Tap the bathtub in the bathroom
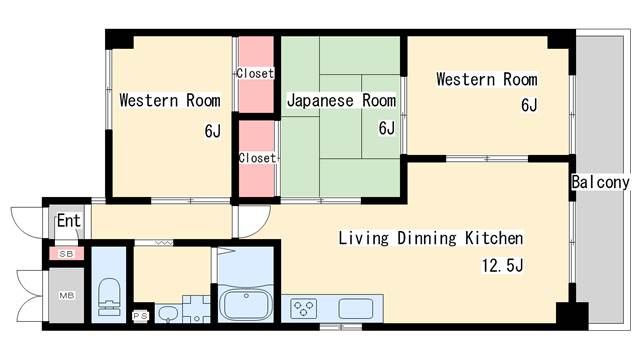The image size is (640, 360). point(246,305)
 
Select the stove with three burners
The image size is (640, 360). point(303,308)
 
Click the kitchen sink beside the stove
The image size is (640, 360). point(356,309)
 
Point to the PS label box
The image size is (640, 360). point(140,316)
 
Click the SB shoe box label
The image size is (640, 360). point(66,254)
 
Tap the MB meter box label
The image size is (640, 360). point(67,295)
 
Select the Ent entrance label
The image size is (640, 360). point(69,221)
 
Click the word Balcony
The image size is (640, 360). point(600,182)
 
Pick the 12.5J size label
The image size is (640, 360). point(502,266)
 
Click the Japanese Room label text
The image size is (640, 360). point(341,101)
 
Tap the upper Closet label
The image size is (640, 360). point(255,73)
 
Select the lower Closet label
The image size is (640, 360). point(257,158)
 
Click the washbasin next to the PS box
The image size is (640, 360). point(167,314)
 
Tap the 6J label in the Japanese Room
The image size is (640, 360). point(387,128)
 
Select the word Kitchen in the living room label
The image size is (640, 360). point(494,238)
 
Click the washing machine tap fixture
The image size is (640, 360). point(196,309)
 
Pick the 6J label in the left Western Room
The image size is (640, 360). point(213,131)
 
